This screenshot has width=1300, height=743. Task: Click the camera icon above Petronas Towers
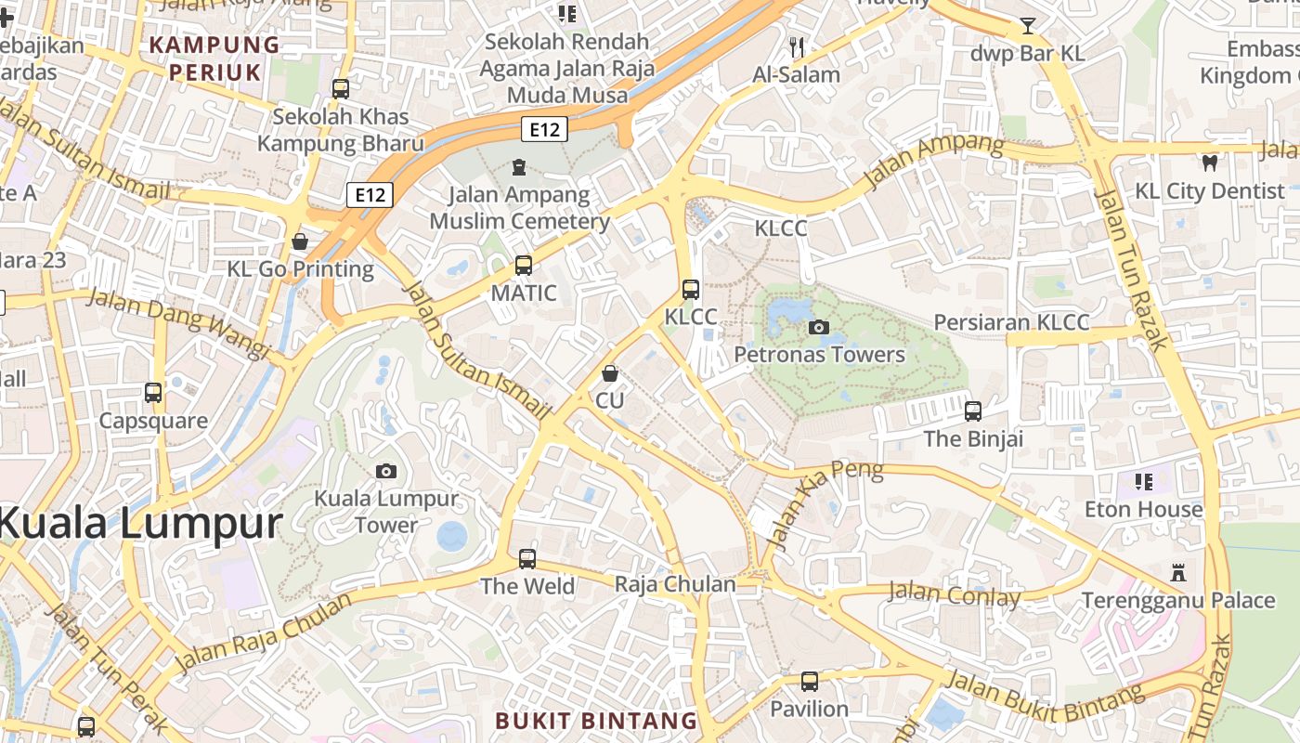819,327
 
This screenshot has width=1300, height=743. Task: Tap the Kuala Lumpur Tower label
386,512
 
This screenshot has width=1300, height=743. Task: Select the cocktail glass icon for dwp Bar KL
1028,26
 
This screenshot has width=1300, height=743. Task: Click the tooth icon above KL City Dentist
1209,163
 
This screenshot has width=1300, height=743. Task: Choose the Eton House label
1143,509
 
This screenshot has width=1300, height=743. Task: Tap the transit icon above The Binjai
973,411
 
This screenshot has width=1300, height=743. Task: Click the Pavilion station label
810,709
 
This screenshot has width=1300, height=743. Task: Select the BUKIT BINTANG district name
596,721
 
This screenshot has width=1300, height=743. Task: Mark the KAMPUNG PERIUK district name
214,57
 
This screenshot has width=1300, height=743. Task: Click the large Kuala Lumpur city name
139,523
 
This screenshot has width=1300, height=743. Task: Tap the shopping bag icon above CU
610,373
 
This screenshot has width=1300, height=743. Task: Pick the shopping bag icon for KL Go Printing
300,241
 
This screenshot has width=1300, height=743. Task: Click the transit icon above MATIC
524,266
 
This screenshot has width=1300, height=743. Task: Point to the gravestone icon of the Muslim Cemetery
518,167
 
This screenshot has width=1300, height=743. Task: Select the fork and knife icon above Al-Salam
796,46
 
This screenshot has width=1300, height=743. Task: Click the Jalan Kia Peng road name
828,505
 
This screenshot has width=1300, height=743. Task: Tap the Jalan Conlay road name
954,593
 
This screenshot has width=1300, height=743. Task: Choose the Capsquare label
153,421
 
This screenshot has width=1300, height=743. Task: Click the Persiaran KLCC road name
1011,322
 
